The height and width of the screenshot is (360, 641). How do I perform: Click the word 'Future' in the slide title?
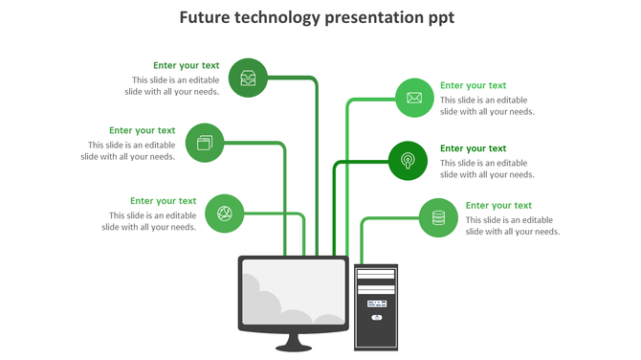coord(207,17)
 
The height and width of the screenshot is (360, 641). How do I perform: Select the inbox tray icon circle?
coord(249,78)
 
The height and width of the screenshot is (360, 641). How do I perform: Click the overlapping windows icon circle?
coord(205,143)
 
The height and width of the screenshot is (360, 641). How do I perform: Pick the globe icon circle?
coord(225,213)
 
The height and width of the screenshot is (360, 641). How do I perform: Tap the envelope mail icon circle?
coord(414,98)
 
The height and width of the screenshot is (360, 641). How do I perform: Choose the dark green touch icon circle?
coord(408,160)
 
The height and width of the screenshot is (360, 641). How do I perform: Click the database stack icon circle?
coord(438,217)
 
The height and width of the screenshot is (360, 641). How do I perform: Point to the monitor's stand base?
coord(294,346)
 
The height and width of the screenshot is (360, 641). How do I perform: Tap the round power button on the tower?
coord(376,316)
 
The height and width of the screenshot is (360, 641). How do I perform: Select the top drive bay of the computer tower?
coord(376,275)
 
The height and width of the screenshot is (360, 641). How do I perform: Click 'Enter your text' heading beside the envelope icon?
coord(473,85)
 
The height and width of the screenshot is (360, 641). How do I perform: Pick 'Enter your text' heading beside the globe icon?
coord(164,201)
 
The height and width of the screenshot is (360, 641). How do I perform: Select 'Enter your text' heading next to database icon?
coord(498,205)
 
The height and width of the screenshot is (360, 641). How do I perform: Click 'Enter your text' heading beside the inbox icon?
coord(187,66)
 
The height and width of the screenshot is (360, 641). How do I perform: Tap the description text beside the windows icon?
coord(128,150)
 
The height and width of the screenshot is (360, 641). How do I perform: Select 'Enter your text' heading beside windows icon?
coord(143,130)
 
